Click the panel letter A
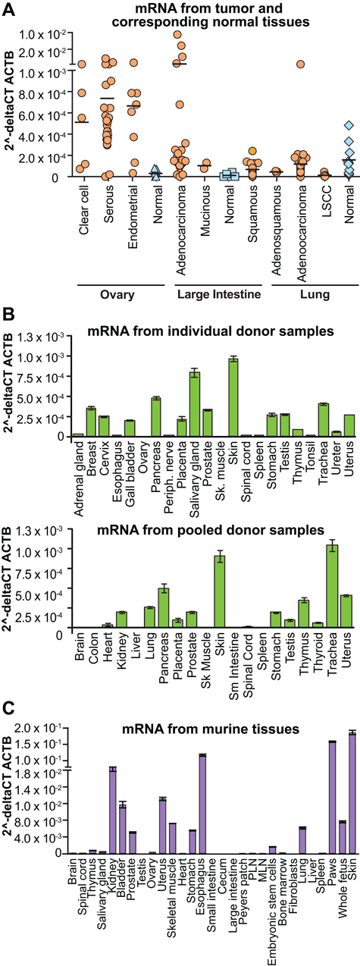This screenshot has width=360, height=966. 8,9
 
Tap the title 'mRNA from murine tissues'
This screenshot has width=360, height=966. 211,729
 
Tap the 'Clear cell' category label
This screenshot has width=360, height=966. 83,209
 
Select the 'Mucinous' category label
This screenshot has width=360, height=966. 205,211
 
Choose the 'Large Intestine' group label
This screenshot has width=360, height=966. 219,294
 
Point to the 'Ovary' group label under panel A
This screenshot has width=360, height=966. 117,295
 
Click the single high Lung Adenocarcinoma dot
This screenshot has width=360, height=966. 300,64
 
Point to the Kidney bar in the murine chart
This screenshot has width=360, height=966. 112,810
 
